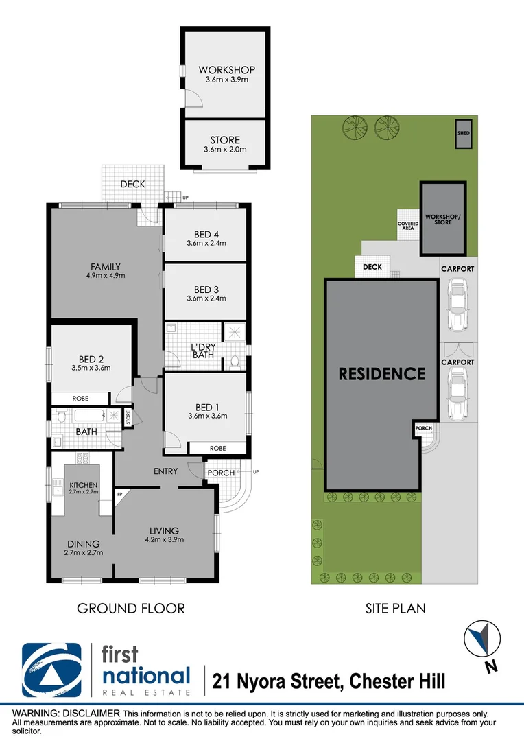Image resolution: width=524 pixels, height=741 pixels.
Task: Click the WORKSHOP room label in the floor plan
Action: (x=226, y=70)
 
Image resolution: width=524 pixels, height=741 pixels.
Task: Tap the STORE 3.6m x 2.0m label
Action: (x=226, y=141)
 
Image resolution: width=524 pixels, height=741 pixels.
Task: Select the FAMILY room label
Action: (x=106, y=267)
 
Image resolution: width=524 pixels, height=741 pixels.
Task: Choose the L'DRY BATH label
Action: (x=202, y=350)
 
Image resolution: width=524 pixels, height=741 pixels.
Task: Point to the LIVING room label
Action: (x=165, y=530)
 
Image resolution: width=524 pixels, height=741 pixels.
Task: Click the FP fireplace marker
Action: (x=120, y=494)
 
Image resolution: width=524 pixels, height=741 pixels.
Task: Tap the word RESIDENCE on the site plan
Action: (x=382, y=374)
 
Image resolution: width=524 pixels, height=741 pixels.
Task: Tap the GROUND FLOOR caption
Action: (x=130, y=608)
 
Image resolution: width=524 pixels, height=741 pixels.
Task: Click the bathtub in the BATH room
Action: (x=88, y=416)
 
